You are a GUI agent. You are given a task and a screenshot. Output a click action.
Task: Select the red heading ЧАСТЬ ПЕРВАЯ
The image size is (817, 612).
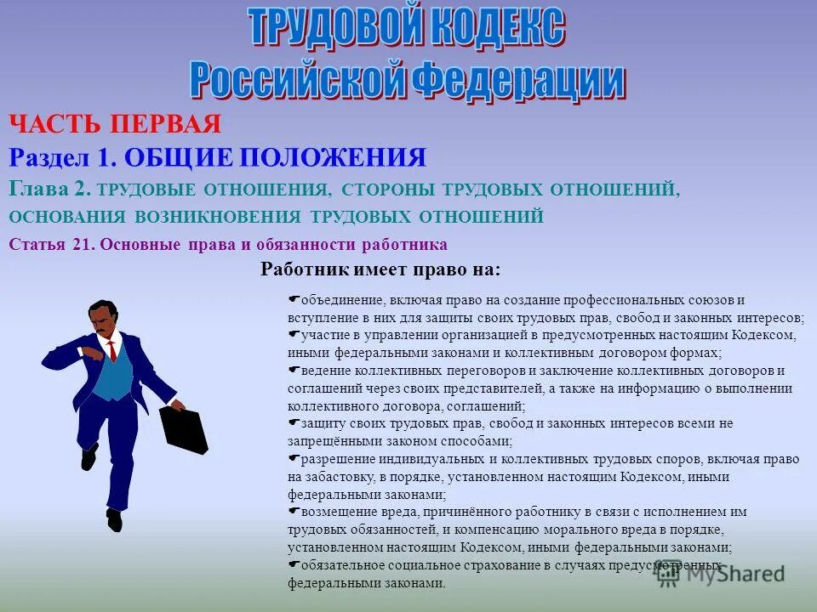point(116,125)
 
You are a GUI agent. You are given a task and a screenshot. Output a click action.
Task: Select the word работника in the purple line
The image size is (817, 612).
point(404,245)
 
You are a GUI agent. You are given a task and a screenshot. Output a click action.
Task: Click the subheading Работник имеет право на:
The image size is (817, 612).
point(380,269)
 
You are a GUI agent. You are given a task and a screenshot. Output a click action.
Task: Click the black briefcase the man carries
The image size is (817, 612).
point(184,430)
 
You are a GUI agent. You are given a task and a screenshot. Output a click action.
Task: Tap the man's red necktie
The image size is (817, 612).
point(111,350)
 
